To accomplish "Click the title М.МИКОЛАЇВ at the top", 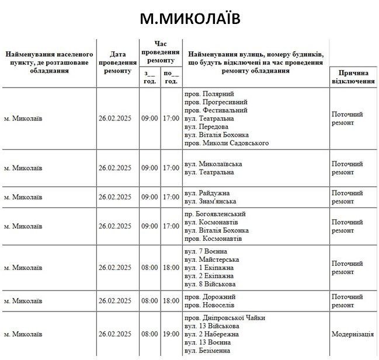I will (190, 19).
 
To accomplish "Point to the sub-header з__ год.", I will (149, 77).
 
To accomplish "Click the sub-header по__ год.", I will (171, 77).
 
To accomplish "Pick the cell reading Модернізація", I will (353, 334).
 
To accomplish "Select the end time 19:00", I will (171, 334).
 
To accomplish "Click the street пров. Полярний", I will (209, 94).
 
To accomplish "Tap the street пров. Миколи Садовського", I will (227, 143).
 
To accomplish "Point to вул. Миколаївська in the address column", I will (213, 164).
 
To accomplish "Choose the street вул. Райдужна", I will (207, 193).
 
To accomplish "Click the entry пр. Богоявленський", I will (215, 214).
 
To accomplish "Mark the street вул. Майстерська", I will (211, 259).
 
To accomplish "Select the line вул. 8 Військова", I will (210, 284).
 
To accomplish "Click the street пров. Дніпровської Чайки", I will (225, 318).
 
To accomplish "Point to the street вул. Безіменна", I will (208, 351).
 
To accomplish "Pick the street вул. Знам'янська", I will (211, 202).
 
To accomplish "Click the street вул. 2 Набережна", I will (212, 334).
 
